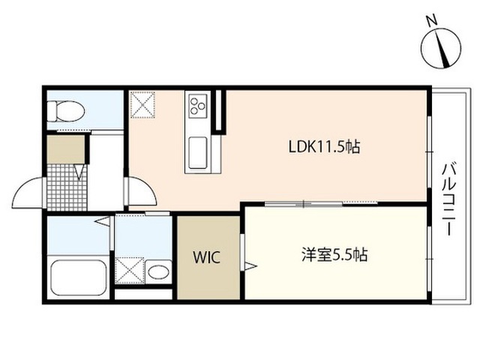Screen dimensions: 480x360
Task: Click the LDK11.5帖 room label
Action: (x=324, y=147)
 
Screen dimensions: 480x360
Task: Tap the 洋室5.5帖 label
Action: (x=334, y=254)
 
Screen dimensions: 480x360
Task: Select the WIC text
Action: (x=207, y=257)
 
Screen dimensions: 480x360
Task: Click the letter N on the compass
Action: (x=432, y=21)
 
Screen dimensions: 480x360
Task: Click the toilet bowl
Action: (x=66, y=111)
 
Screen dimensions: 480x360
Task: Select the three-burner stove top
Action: (x=197, y=106)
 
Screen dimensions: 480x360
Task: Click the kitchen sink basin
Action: (x=198, y=153)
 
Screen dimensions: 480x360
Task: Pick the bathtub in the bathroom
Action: (x=79, y=277)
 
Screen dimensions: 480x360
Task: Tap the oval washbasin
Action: (x=158, y=271)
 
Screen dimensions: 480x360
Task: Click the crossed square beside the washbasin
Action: (x=130, y=270)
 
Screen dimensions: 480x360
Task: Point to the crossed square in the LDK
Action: (x=142, y=104)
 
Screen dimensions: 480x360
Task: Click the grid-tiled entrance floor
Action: (x=67, y=187)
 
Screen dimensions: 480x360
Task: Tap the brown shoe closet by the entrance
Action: (x=66, y=149)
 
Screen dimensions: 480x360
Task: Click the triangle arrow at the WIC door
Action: (x=250, y=265)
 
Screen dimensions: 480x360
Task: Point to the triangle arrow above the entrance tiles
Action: (x=79, y=172)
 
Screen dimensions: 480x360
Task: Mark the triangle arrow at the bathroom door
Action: (x=102, y=221)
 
